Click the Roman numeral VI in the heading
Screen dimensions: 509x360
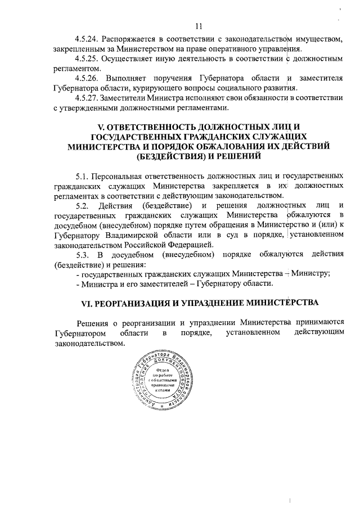(x=85, y=303)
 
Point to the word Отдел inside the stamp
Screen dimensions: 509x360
(x=163, y=370)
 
